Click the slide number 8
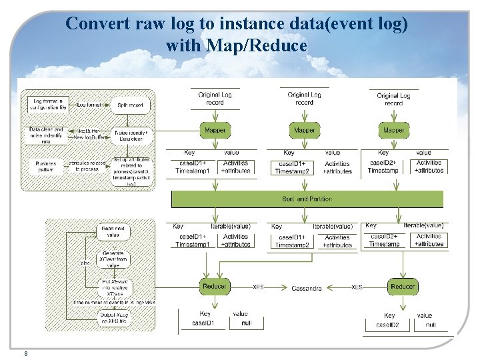point(25,353)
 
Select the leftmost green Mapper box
point(215,130)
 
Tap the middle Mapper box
point(304,130)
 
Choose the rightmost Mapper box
point(393,130)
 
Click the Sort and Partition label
point(307,199)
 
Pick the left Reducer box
point(215,286)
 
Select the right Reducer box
point(403,286)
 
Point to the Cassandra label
point(307,288)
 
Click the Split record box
point(130,105)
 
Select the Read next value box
point(114,231)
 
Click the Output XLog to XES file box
point(113,319)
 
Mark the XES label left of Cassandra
point(258,287)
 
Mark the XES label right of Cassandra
point(357,287)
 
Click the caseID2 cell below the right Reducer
point(387,325)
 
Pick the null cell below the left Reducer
point(246,323)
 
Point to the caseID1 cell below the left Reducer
point(203,323)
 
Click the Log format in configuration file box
point(48,103)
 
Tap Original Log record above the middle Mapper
point(304,99)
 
